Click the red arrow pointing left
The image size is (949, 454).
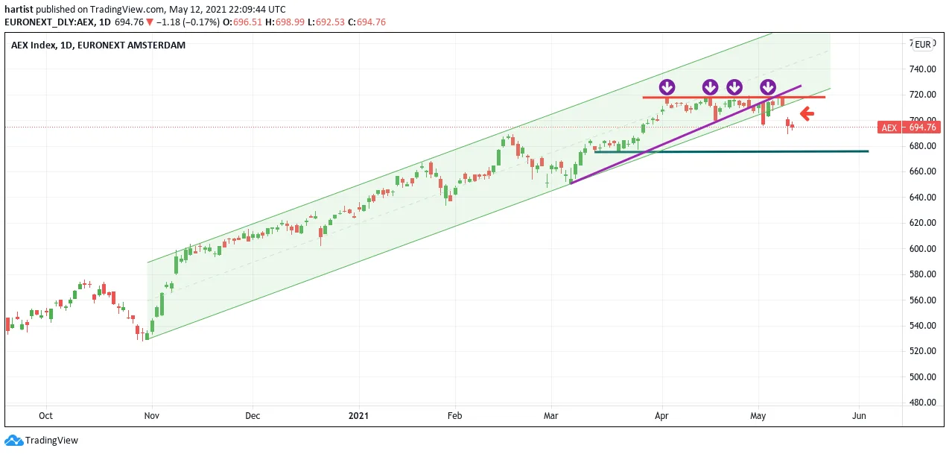pyautogui.click(x=807, y=113)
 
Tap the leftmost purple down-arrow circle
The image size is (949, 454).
pyautogui.click(x=667, y=87)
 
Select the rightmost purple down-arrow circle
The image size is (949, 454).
pyautogui.click(x=768, y=87)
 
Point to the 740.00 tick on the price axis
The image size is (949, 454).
pyautogui.click(x=923, y=69)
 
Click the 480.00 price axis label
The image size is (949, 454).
pyautogui.click(x=923, y=403)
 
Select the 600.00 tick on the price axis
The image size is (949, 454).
pyautogui.click(x=923, y=249)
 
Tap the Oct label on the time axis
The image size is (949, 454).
pyautogui.click(x=45, y=415)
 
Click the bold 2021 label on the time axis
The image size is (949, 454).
pyautogui.click(x=358, y=415)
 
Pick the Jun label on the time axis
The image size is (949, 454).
pyautogui.click(x=859, y=415)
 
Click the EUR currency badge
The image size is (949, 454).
pyautogui.click(x=923, y=45)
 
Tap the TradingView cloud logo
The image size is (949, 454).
pyautogui.click(x=14, y=441)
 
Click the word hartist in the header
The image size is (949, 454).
pyautogui.click(x=19, y=10)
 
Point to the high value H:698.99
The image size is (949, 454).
pyautogui.click(x=285, y=22)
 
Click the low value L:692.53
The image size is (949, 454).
pyautogui.click(x=326, y=22)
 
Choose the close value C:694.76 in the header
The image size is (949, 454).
pyautogui.click(x=366, y=22)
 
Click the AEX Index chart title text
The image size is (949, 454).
pyautogui.click(x=98, y=45)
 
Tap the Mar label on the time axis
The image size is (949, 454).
pyautogui.click(x=550, y=415)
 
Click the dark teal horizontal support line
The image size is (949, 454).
pyautogui.click(x=731, y=151)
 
